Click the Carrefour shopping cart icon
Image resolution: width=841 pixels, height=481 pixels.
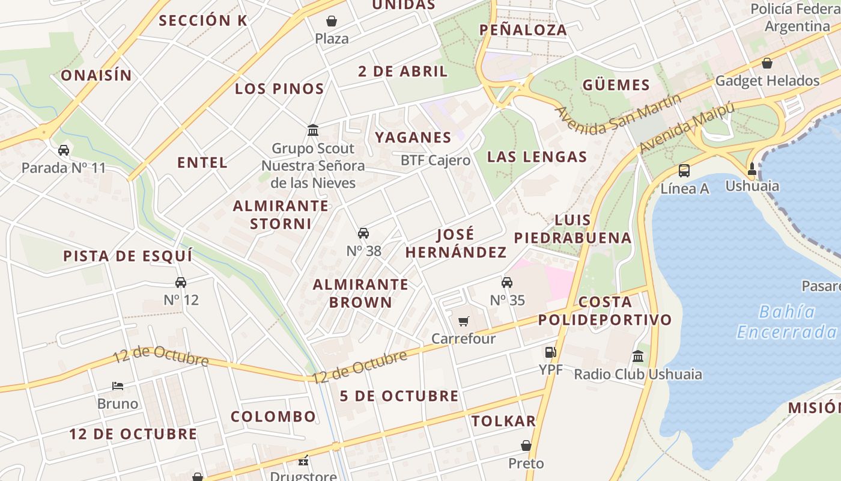(463, 322)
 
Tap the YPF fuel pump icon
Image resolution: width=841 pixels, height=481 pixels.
(550, 353)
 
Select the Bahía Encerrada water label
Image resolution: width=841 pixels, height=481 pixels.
(786, 322)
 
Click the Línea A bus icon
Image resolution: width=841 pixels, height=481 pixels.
(684, 171)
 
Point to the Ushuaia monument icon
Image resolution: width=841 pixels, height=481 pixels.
(751, 168)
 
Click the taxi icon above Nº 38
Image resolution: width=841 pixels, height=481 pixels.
(363, 233)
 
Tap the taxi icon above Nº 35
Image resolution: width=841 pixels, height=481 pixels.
(507, 283)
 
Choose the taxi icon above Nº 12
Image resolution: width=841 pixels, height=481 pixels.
(181, 283)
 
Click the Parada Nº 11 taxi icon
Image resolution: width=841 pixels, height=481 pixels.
(64, 150)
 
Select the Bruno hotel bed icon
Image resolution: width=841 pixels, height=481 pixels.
(118, 386)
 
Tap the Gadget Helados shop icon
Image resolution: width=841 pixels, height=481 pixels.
(767, 63)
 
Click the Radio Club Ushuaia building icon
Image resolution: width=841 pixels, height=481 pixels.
(638, 357)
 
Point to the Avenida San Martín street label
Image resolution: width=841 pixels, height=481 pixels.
(619, 114)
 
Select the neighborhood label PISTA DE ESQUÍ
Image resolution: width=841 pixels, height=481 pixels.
(128, 256)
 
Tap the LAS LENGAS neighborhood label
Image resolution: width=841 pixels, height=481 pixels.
(537, 157)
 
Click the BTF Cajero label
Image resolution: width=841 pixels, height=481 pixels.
(436, 161)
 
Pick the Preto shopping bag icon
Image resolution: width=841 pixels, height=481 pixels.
(526, 446)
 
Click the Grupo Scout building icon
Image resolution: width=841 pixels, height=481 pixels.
(313, 130)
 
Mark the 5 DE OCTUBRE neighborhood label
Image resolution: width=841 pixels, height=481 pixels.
(399, 396)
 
